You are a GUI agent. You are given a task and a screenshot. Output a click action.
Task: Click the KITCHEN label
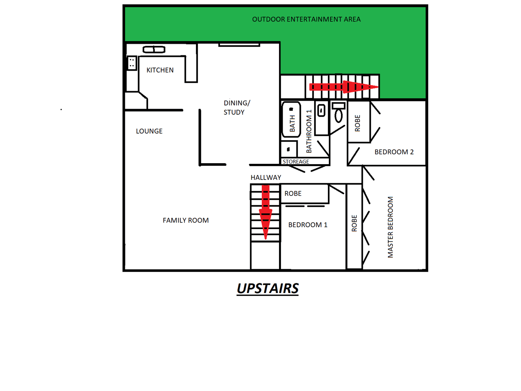[160, 70]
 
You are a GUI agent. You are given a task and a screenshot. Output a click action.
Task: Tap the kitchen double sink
[154, 50]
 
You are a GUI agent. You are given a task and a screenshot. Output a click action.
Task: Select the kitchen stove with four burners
[132, 63]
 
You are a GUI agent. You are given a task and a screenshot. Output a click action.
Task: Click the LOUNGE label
[149, 131]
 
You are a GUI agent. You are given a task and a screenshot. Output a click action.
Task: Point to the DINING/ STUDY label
[237, 108]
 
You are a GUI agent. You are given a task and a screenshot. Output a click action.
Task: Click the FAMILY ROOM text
[186, 220]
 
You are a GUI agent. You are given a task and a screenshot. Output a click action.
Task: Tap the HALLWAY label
[266, 178]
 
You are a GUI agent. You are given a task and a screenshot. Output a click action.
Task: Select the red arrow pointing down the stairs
[266, 212]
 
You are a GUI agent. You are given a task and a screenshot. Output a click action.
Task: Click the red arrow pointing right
[344, 87]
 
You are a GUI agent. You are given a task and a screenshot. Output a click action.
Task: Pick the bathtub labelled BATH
[291, 119]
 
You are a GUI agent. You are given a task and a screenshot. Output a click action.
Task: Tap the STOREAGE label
[296, 162]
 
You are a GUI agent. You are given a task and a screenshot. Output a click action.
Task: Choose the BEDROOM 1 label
[308, 225]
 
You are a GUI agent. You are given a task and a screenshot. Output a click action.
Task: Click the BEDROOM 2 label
[394, 152]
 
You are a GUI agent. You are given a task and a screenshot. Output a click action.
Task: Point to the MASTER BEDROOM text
[390, 227]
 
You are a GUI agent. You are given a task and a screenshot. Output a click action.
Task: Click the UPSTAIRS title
[268, 288]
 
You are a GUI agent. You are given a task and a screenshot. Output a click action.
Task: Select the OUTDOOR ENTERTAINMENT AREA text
[306, 19]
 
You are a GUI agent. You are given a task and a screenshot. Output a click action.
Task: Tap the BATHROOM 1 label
[309, 131]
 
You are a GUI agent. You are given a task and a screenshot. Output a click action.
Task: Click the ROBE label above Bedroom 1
[293, 194]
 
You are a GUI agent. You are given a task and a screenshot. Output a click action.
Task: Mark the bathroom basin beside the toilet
[321, 110]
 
